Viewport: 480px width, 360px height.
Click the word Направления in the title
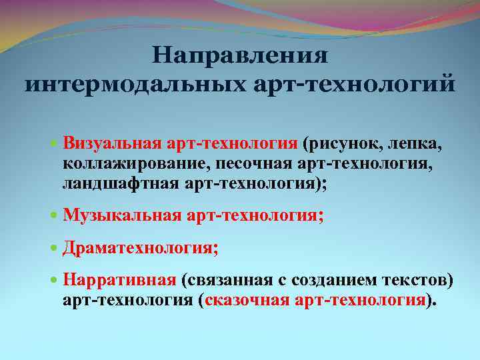pos(239,56)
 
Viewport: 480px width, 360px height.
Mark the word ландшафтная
pos(120,183)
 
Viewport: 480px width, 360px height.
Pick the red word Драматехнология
pos(137,248)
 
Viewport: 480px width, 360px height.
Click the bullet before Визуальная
pos(55,143)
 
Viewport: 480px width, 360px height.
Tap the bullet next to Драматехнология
pos(55,249)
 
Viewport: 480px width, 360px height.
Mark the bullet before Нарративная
pos(55,281)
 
